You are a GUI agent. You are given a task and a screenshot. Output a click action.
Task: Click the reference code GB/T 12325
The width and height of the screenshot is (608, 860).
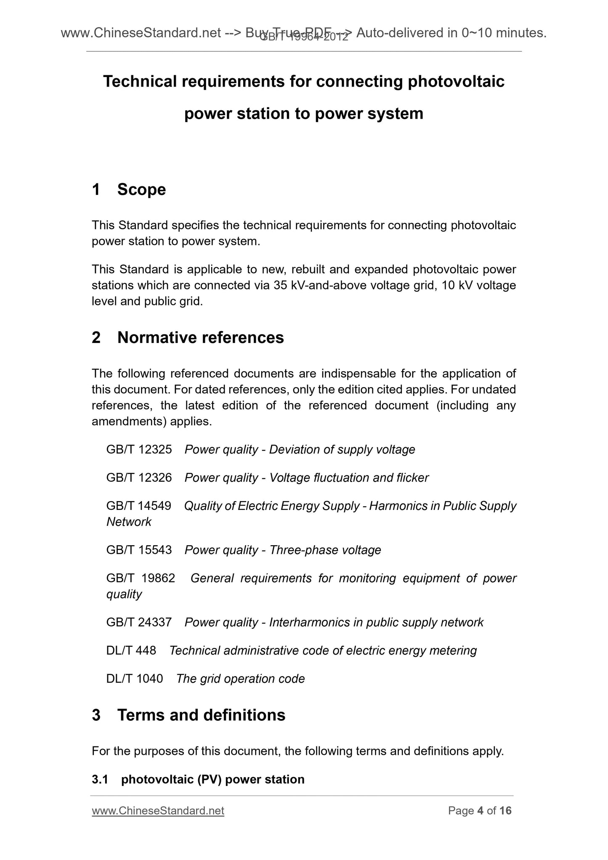[139, 449]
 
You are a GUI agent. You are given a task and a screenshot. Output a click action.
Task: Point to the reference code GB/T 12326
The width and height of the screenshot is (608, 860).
[139, 478]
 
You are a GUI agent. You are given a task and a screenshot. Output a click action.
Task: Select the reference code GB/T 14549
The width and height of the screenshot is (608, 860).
[139, 506]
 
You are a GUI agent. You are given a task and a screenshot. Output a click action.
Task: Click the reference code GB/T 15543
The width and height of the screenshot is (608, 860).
[139, 550]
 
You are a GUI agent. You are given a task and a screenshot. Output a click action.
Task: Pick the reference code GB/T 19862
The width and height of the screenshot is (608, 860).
[141, 578]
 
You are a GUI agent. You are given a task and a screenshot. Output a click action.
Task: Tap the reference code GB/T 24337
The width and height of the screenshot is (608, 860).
[139, 622]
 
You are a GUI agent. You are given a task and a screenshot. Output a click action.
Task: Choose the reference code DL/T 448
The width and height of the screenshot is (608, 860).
[131, 650]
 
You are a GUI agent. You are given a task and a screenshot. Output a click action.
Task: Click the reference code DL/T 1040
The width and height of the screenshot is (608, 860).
[134, 679]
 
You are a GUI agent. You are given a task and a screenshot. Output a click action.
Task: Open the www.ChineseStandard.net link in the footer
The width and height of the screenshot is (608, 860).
[158, 811]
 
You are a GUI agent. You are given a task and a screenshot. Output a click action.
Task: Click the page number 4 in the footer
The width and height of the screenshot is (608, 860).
[480, 811]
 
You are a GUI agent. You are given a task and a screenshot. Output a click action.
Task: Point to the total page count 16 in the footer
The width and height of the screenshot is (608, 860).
[505, 811]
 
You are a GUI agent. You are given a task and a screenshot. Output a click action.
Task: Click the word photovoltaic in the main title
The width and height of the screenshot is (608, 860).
[456, 81]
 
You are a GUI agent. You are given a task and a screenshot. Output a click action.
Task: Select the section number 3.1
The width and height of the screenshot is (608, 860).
[100, 779]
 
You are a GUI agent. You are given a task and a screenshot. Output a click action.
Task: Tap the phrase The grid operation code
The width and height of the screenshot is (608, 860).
[240, 679]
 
